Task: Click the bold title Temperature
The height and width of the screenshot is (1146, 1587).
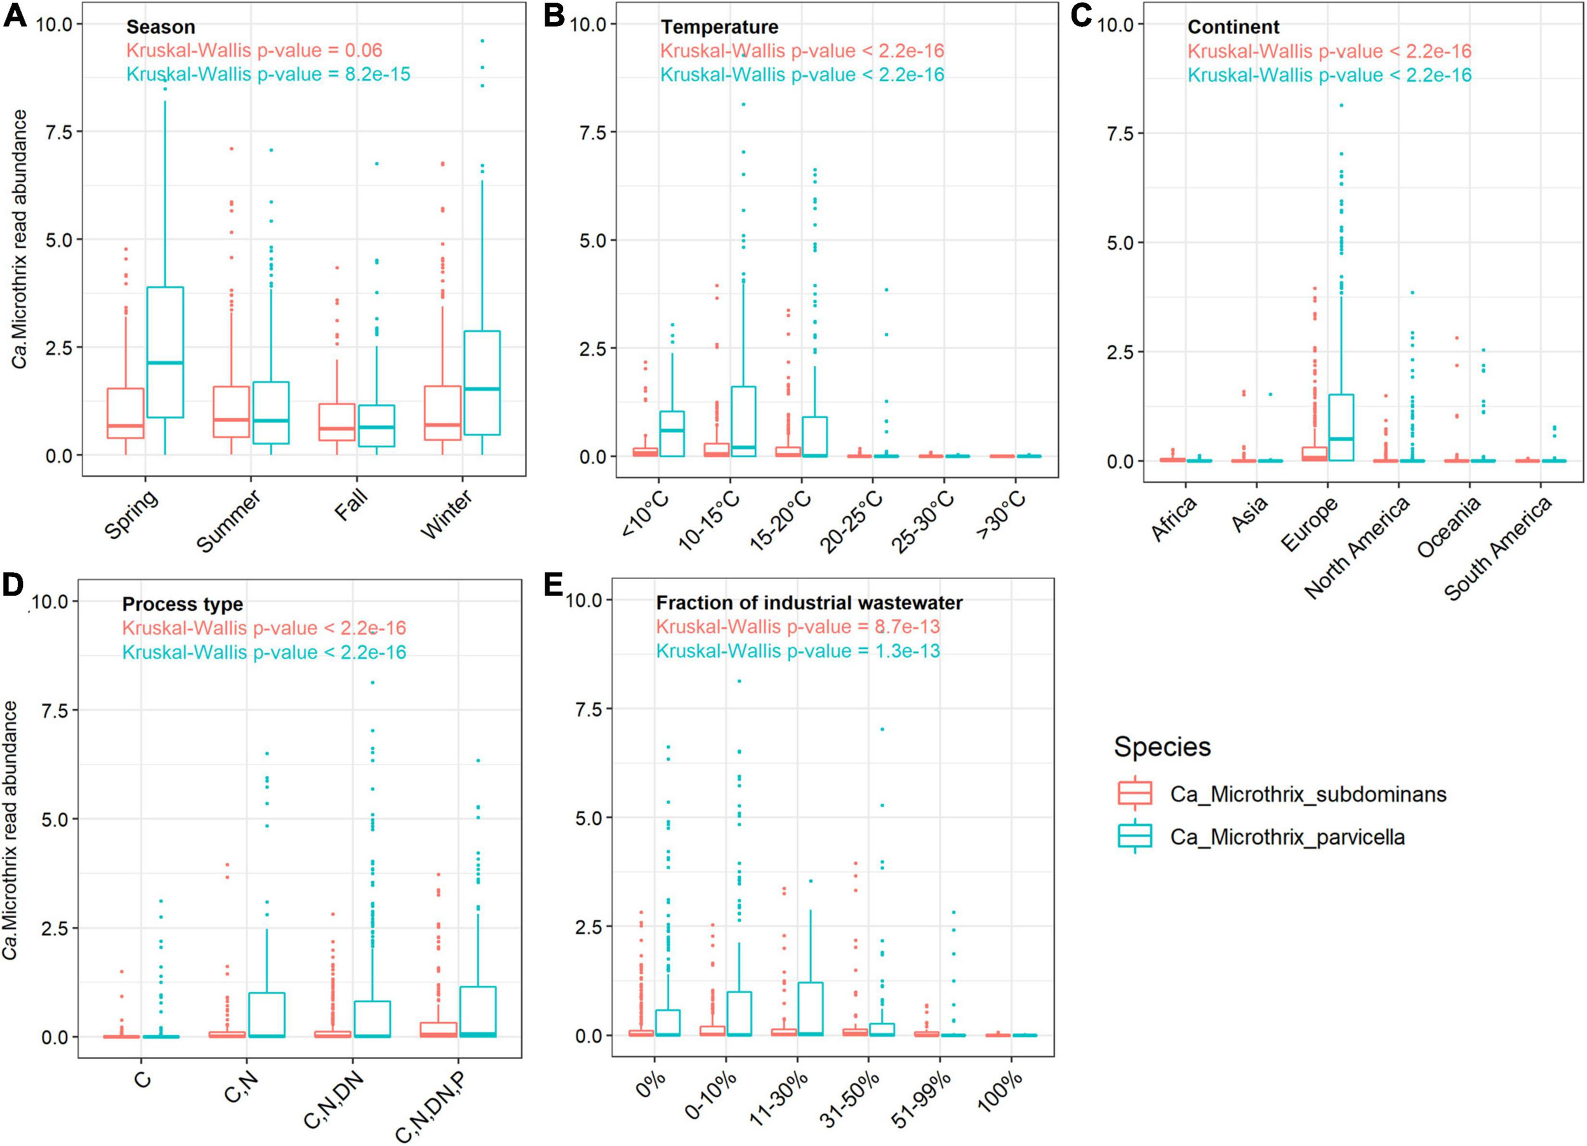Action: (x=719, y=27)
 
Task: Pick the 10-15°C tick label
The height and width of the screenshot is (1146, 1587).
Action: (x=709, y=520)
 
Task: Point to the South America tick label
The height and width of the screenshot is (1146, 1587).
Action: (x=1498, y=547)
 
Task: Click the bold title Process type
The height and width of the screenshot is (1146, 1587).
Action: (x=183, y=604)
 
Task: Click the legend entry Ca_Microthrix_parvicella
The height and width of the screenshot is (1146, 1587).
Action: (x=1287, y=837)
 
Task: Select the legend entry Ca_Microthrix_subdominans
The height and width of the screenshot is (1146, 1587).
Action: (x=1308, y=794)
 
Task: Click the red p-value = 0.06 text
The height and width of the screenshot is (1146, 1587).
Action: (x=255, y=50)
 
